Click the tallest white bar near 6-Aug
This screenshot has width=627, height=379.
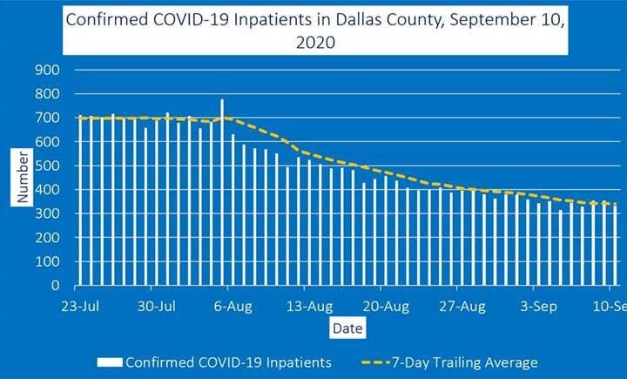click(x=222, y=192)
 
